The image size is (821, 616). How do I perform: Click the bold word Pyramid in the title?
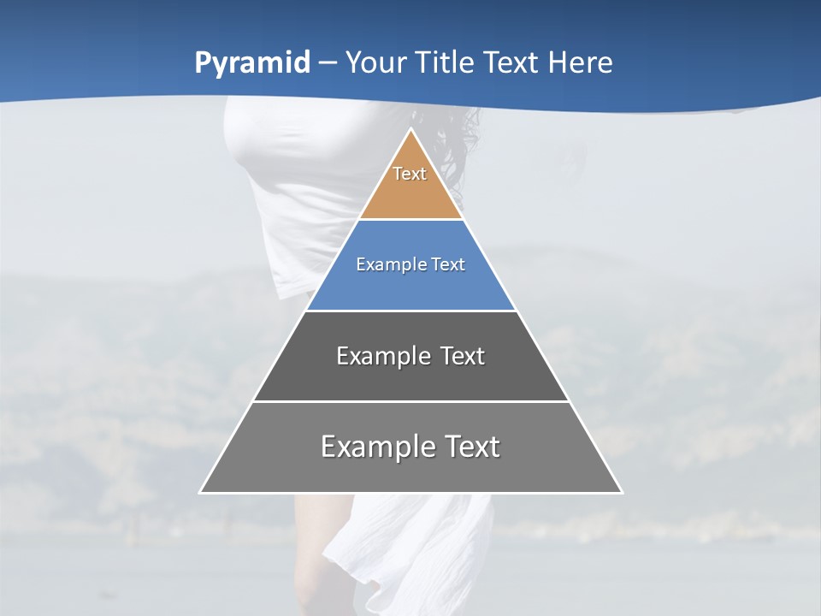point(251,63)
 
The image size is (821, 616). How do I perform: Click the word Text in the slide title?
point(511,62)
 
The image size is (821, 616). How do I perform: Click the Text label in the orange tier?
point(410,174)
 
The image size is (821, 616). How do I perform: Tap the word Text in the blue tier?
point(448,264)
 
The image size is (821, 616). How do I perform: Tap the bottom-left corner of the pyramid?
point(201,492)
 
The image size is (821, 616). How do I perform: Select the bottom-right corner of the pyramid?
point(621,492)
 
